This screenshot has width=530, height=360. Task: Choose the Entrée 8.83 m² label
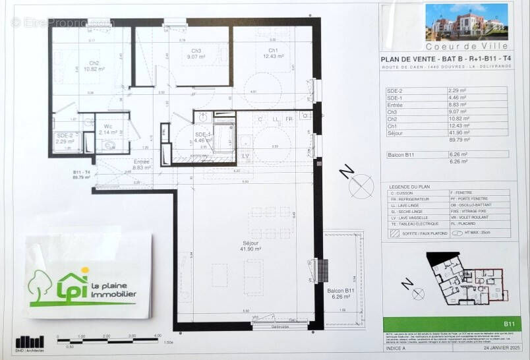[x=142, y=165]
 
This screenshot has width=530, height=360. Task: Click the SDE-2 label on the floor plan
[x=65, y=138]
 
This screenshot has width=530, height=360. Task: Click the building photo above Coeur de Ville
[x=467, y=22]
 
